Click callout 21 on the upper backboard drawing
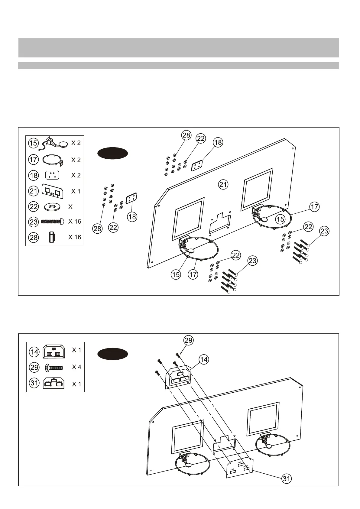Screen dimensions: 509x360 [x=223, y=184]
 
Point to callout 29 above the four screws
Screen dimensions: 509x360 [x=188, y=340]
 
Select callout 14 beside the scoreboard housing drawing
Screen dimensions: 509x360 [x=204, y=359]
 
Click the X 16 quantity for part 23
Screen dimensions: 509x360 [x=75, y=222]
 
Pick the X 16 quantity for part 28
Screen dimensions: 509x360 [x=75, y=237]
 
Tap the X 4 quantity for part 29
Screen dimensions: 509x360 [x=76, y=367]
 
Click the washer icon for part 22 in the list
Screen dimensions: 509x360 [x=52, y=207]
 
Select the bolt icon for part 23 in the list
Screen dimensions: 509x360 [x=52, y=222]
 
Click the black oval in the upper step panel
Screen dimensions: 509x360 [x=112, y=153]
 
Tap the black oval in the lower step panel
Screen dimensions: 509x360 [x=112, y=354]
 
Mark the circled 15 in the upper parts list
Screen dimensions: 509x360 [x=34, y=143]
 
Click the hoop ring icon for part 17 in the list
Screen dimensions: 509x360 [x=52, y=160]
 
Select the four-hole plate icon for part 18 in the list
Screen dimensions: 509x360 [x=52, y=175]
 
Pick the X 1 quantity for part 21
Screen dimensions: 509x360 [x=76, y=191]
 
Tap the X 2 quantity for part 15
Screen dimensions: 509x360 [x=76, y=143]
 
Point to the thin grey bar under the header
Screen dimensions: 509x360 [x=178, y=66]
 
